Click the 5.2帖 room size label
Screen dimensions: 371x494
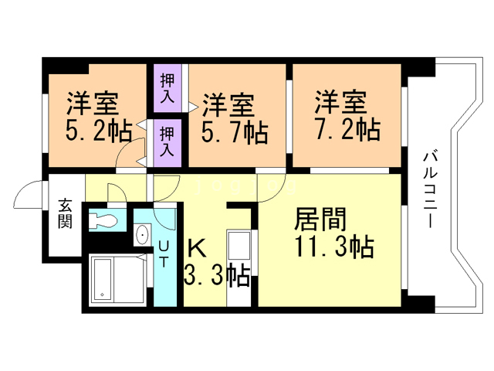(97, 131)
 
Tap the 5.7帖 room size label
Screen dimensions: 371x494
(235, 133)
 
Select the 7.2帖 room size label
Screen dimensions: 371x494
(347, 129)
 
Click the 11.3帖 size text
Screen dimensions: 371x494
(333, 247)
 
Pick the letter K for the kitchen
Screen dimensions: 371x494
(196, 248)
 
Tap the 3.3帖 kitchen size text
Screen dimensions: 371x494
(216, 274)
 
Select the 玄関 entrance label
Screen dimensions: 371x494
(66, 215)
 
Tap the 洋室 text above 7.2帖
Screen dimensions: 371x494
(340, 101)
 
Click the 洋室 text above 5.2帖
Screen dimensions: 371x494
(92, 104)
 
